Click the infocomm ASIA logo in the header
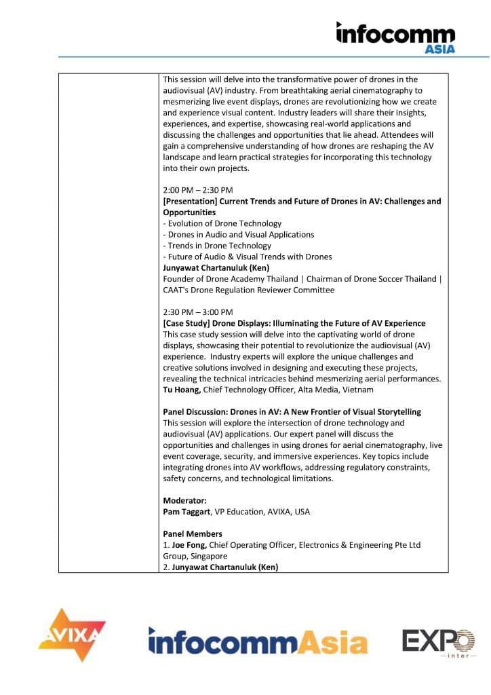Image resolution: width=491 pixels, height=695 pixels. pyautogui.click(x=395, y=37)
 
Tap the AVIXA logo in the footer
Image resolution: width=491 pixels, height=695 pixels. pyautogui.click(x=71, y=635)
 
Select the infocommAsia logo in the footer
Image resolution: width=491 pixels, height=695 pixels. pyautogui.click(x=258, y=641)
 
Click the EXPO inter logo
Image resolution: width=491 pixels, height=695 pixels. pyautogui.click(x=438, y=642)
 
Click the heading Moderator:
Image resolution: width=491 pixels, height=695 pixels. pyautogui.click(x=184, y=500)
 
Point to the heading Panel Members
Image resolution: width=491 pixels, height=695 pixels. pyautogui.click(x=193, y=534)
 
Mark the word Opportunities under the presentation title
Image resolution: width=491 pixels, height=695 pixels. pyautogui.click(x=189, y=212)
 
